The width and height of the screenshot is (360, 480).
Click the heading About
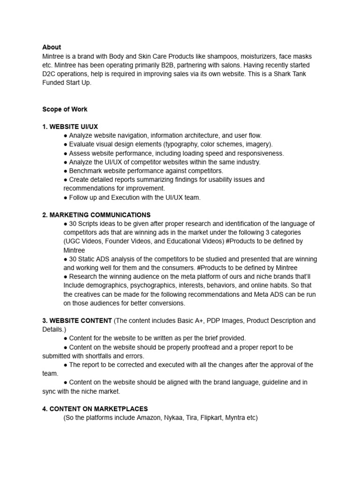52,47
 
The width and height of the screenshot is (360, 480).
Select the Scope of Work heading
65,109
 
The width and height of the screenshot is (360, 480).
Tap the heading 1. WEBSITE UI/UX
70,127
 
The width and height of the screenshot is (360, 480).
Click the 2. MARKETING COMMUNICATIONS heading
96,215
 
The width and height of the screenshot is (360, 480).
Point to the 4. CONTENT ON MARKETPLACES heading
95,409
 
